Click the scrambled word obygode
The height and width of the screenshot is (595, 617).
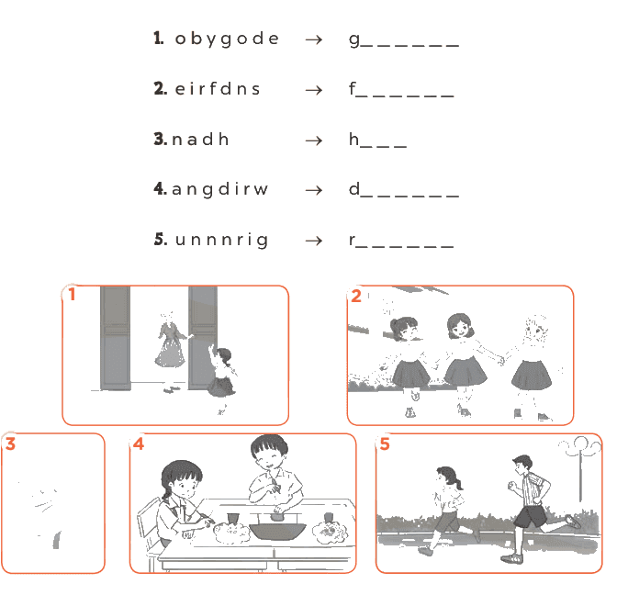pyautogui.click(x=227, y=39)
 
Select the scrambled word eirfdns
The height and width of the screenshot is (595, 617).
pyautogui.click(x=218, y=88)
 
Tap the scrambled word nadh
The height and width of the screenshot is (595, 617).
pyautogui.click(x=200, y=139)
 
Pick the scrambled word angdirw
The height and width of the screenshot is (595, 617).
pyautogui.click(x=220, y=190)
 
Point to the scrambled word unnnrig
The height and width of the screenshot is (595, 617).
pyautogui.click(x=222, y=240)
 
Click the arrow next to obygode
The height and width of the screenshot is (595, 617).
pyautogui.click(x=314, y=39)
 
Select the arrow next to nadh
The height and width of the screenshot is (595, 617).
pyautogui.click(x=314, y=140)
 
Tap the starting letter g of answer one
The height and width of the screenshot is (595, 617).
pyautogui.click(x=354, y=40)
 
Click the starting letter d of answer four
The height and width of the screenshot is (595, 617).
pyautogui.click(x=354, y=189)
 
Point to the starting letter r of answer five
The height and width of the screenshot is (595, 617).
pyautogui.click(x=353, y=240)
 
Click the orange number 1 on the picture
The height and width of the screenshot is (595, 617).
pyautogui.click(x=72, y=294)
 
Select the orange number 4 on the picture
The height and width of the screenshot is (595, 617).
pyautogui.click(x=139, y=443)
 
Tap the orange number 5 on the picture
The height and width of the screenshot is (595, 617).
pyautogui.click(x=385, y=443)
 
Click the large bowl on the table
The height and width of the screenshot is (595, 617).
pyautogui.click(x=278, y=531)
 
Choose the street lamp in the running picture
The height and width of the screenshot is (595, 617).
pyautogui.click(x=581, y=468)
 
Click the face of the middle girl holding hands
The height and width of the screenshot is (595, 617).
pyautogui.click(x=461, y=328)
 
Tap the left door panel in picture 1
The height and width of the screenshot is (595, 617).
pyautogui.click(x=116, y=339)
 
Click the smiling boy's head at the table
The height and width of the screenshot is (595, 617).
pyautogui.click(x=270, y=452)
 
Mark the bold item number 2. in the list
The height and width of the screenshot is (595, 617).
pyautogui.click(x=161, y=88)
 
